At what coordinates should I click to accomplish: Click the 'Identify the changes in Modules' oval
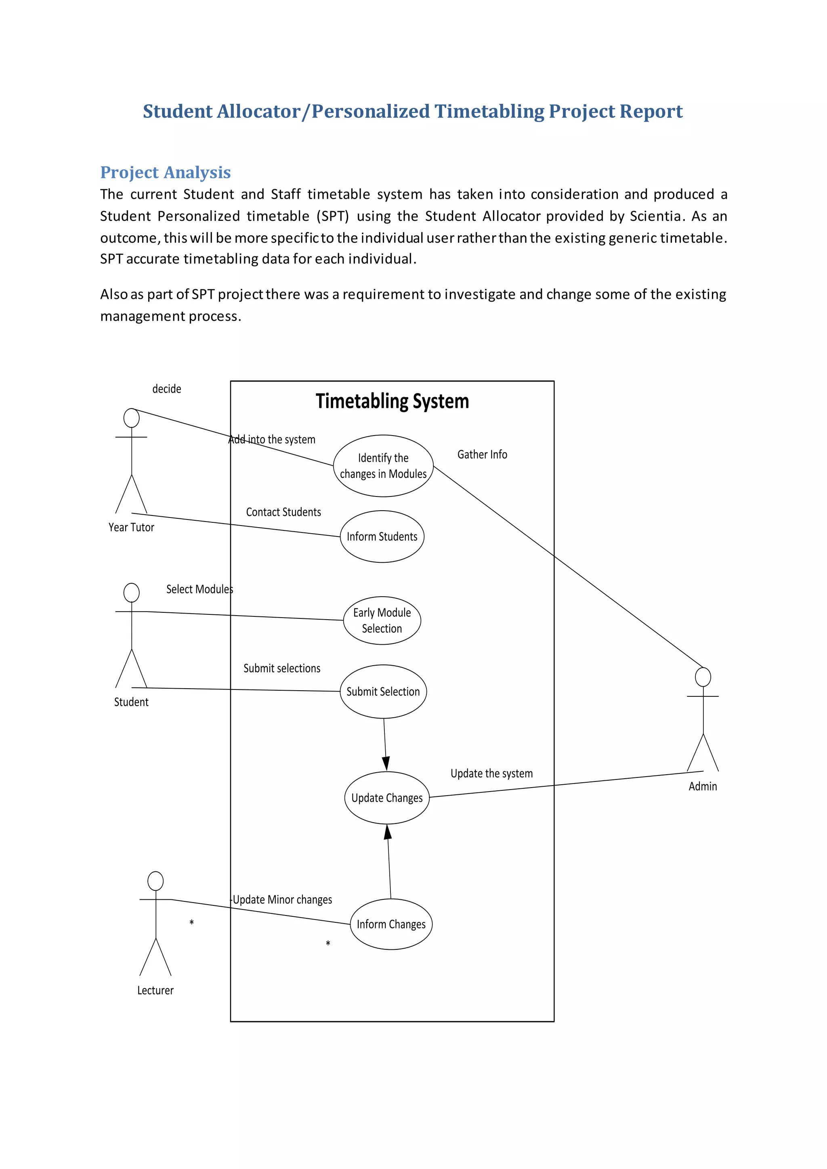(383, 466)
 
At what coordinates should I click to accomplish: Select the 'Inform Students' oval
(382, 536)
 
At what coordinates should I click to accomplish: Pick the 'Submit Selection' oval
(383, 691)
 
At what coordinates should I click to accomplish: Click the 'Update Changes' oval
(387, 798)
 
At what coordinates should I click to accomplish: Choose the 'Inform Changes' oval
(391, 924)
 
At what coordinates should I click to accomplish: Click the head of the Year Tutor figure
(131, 418)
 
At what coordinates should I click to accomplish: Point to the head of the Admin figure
(703, 677)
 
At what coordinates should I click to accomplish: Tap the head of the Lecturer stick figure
(155, 881)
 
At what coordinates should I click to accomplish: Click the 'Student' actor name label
(131, 702)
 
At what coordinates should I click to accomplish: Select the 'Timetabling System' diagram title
(392, 401)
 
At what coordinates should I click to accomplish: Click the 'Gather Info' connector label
(482, 455)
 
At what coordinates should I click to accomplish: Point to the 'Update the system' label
(491, 773)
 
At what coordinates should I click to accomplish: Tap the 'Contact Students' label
(283, 512)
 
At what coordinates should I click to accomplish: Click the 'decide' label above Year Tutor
(166, 389)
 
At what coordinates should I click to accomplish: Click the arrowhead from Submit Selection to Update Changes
(386, 763)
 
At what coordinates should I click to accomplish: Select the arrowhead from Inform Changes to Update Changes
(388, 832)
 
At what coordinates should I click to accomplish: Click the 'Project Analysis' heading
(166, 173)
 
